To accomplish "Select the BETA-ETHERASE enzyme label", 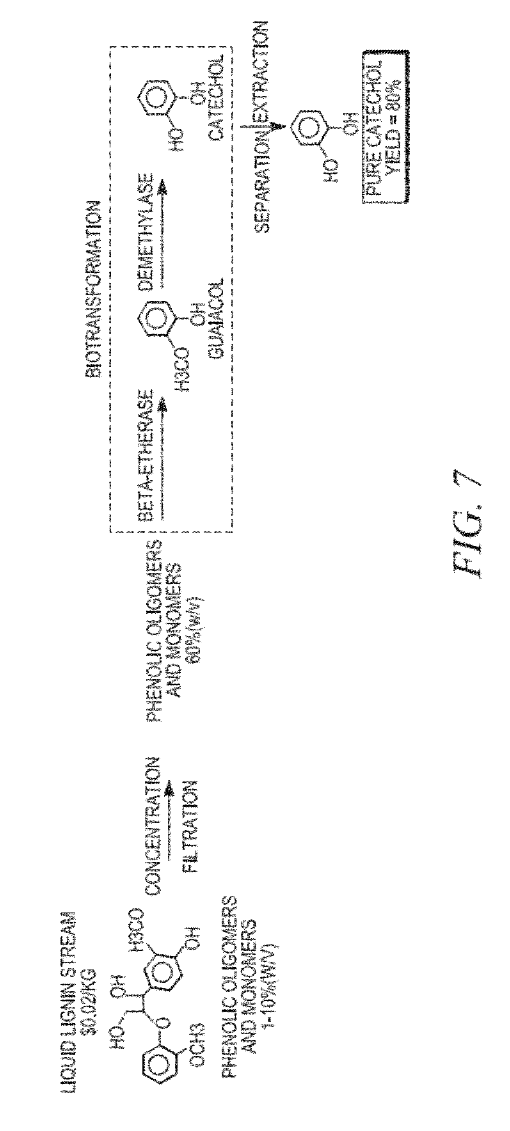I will pyautogui.click(x=146, y=455).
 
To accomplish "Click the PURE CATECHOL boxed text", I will pyautogui.click(x=373, y=126).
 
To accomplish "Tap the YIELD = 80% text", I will pyautogui.click(x=392, y=126).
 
